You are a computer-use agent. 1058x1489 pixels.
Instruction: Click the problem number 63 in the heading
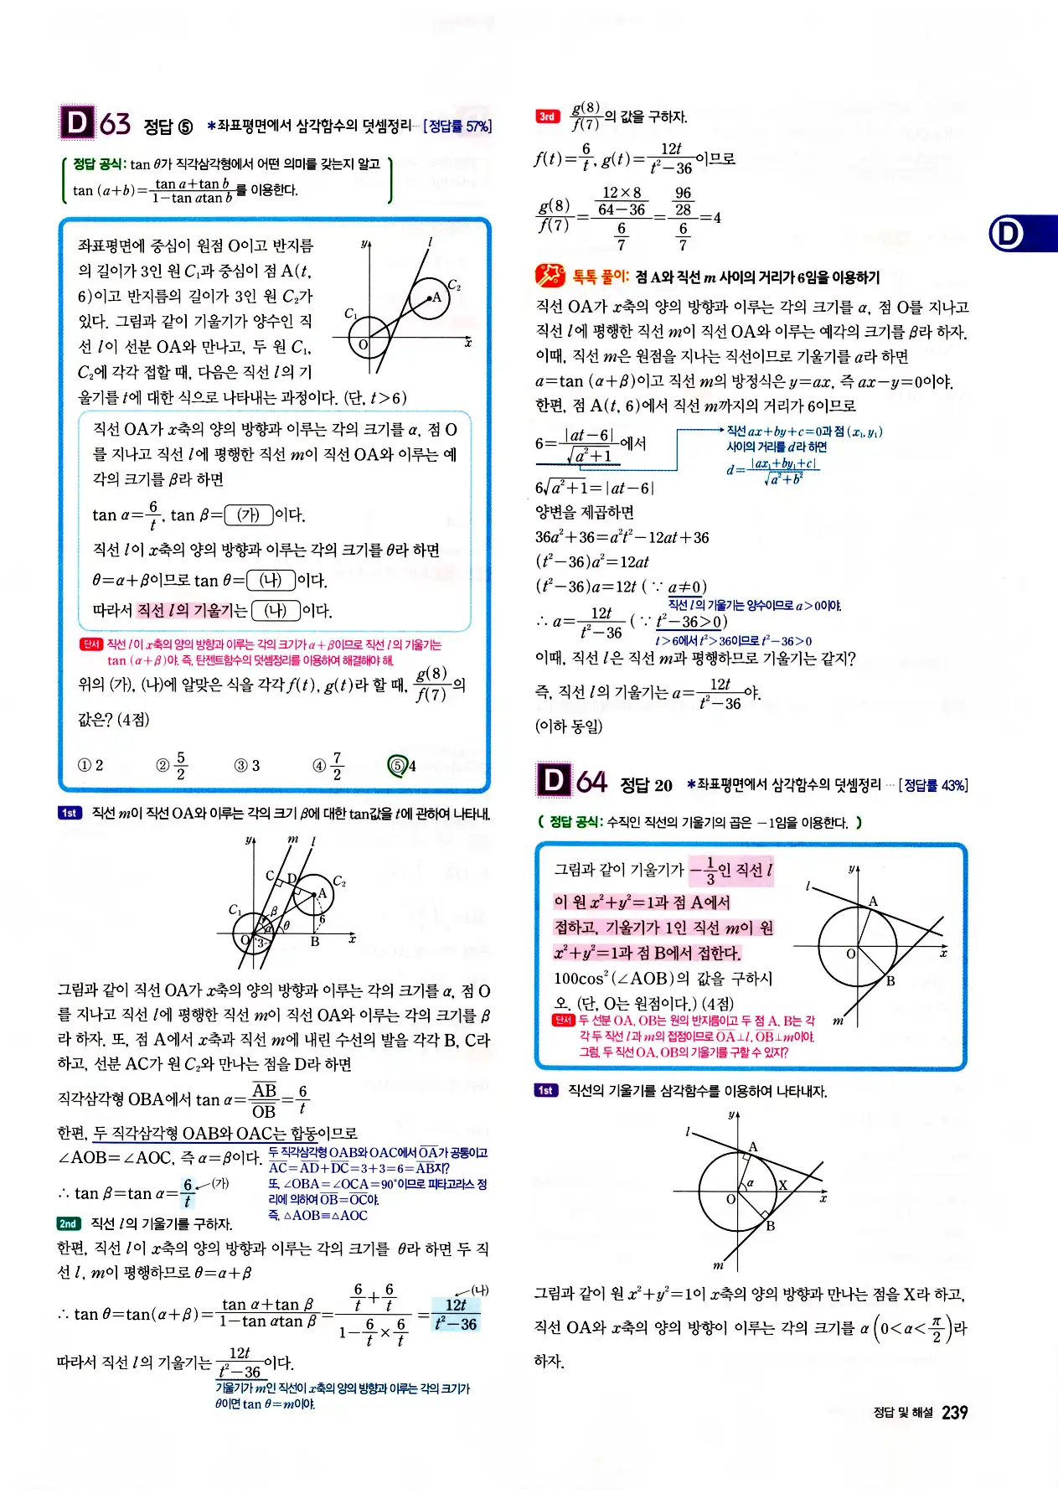[x=116, y=124]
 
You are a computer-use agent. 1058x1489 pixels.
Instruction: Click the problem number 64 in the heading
[x=591, y=783]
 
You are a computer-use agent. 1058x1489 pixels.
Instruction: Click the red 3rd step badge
[x=547, y=116]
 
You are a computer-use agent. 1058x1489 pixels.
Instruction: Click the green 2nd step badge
[x=68, y=1223]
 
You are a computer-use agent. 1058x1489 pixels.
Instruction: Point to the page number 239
[x=954, y=1412]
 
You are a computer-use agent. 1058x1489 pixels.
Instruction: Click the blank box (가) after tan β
[x=249, y=514]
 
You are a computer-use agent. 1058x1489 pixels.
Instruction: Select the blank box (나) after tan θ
[x=271, y=580]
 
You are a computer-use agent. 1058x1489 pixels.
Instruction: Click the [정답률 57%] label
[x=457, y=127]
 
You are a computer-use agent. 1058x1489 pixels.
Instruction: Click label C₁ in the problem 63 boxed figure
[x=351, y=313]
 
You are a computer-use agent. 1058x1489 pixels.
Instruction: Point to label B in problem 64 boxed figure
[x=890, y=980]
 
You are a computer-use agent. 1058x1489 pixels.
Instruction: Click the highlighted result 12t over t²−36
[x=456, y=1314]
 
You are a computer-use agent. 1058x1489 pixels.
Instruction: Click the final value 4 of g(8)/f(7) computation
[x=716, y=218]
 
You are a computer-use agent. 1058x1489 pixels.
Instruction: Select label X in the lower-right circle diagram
[x=782, y=1185]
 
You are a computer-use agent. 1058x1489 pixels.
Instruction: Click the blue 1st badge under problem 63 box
[x=70, y=813]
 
